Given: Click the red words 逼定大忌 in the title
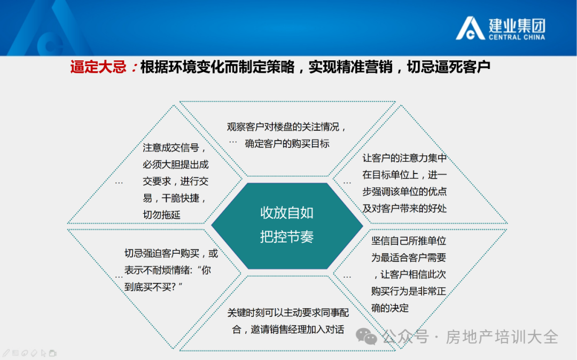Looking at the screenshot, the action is coord(98,67).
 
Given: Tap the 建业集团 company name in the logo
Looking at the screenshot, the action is coord(517,26).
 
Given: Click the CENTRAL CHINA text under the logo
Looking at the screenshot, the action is coord(517,37).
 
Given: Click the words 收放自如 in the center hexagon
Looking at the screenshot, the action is coord(287,213).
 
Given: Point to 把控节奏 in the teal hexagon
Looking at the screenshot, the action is coord(287,237).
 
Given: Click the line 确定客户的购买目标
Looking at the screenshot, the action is coord(287,143).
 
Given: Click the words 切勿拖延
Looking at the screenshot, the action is coord(161,215).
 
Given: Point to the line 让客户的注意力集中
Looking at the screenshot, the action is coord(404,158).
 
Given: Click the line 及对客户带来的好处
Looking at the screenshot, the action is coord(404,208).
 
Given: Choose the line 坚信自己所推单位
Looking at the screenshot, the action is coord(409,241).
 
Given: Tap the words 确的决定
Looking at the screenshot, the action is coord(389,308).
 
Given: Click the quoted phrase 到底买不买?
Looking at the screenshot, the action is coord(153,287).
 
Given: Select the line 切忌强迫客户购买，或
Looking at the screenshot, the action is coord(171,253).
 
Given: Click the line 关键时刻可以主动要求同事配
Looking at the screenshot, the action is coord(288,312).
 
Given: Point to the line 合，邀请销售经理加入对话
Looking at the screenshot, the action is coord(288,330).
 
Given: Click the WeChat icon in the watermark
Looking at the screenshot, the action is coord(366,336).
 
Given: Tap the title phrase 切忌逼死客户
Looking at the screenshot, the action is coord(449,67).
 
